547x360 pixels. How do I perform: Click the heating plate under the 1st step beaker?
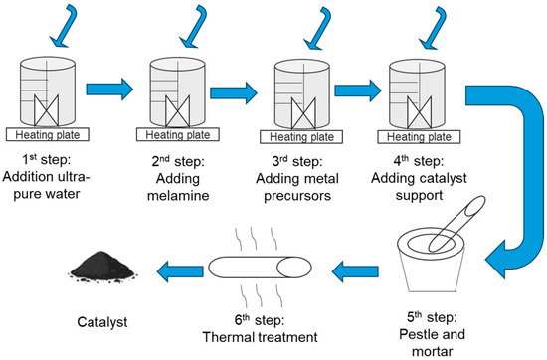pos(48,134)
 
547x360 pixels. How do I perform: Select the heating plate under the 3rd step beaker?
pos(301,137)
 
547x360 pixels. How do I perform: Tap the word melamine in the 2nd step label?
pos(178,195)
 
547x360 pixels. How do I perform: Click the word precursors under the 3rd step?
pos(297,195)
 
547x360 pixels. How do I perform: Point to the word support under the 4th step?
pos(419,195)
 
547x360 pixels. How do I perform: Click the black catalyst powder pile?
pos(101,267)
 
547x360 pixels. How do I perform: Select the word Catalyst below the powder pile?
pos(102,321)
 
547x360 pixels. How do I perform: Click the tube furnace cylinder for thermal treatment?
pos(260,268)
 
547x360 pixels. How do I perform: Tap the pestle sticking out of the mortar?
pos(457,223)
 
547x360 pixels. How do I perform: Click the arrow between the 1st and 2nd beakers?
pos(109,90)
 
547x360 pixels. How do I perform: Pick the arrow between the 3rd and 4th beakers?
pos(358,90)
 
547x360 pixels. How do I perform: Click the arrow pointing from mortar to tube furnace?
pos(355,270)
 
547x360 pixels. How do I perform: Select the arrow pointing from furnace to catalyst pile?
pos(180,270)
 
